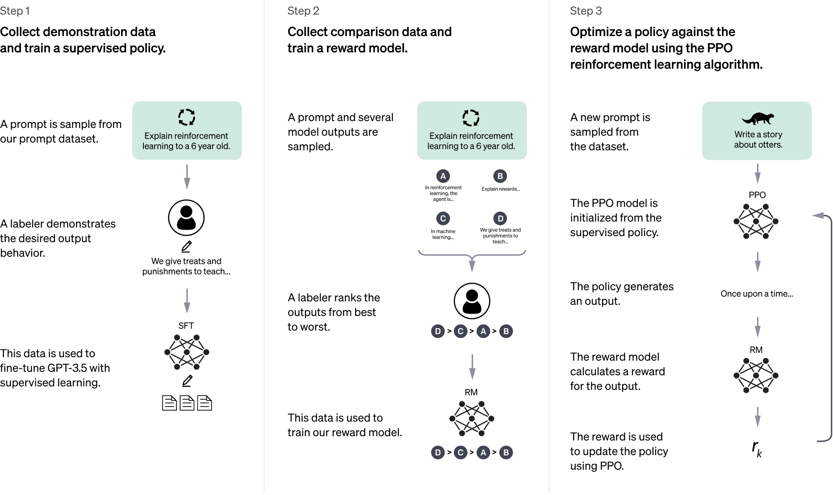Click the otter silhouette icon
[x=757, y=118]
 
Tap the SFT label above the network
[x=186, y=326]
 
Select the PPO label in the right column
[x=757, y=195]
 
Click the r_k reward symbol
[x=757, y=449]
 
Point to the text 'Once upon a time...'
[x=757, y=294]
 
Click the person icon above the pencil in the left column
[x=186, y=218]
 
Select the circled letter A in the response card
[x=443, y=176]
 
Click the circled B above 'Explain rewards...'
[x=500, y=176]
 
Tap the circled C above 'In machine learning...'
[x=443, y=219]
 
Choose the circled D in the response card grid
[x=500, y=219]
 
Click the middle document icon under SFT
[x=187, y=403]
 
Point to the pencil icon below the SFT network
[x=187, y=381]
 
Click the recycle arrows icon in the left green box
[x=187, y=117]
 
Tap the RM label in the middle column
[x=471, y=392]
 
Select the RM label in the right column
[x=756, y=350]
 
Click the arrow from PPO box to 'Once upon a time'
[x=757, y=261]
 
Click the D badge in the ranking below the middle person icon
[x=438, y=331]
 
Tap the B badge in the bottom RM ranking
[x=506, y=452]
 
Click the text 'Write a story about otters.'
[x=758, y=140]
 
